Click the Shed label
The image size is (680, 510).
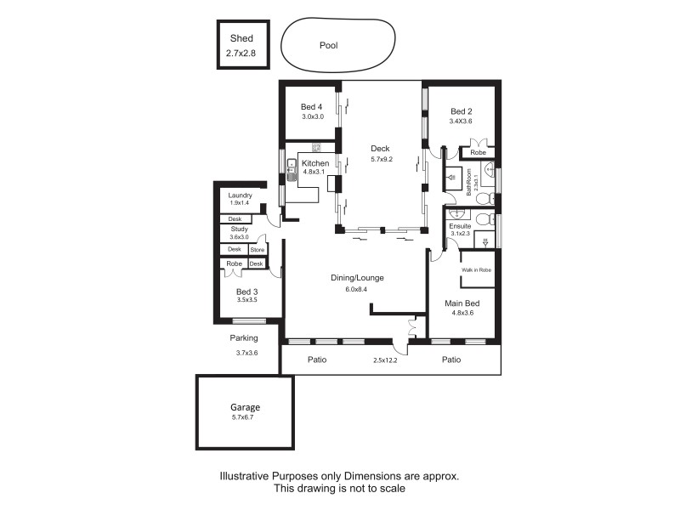click(241, 38)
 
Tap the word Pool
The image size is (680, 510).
click(329, 46)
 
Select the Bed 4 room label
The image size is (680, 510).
click(311, 106)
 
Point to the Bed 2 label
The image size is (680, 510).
click(461, 111)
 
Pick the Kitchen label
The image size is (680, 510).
click(315, 163)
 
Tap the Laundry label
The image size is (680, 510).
click(241, 195)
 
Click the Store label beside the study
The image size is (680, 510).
click(257, 250)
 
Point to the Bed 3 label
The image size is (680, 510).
click(246, 292)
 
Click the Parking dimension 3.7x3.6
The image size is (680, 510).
click(246, 353)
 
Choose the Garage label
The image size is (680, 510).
click(245, 407)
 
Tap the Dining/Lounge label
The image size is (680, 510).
click(358, 278)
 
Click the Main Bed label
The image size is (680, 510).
click(462, 303)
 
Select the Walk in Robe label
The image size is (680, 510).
click(477, 269)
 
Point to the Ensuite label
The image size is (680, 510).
click(460, 226)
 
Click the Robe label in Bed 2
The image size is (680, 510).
click(478, 153)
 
